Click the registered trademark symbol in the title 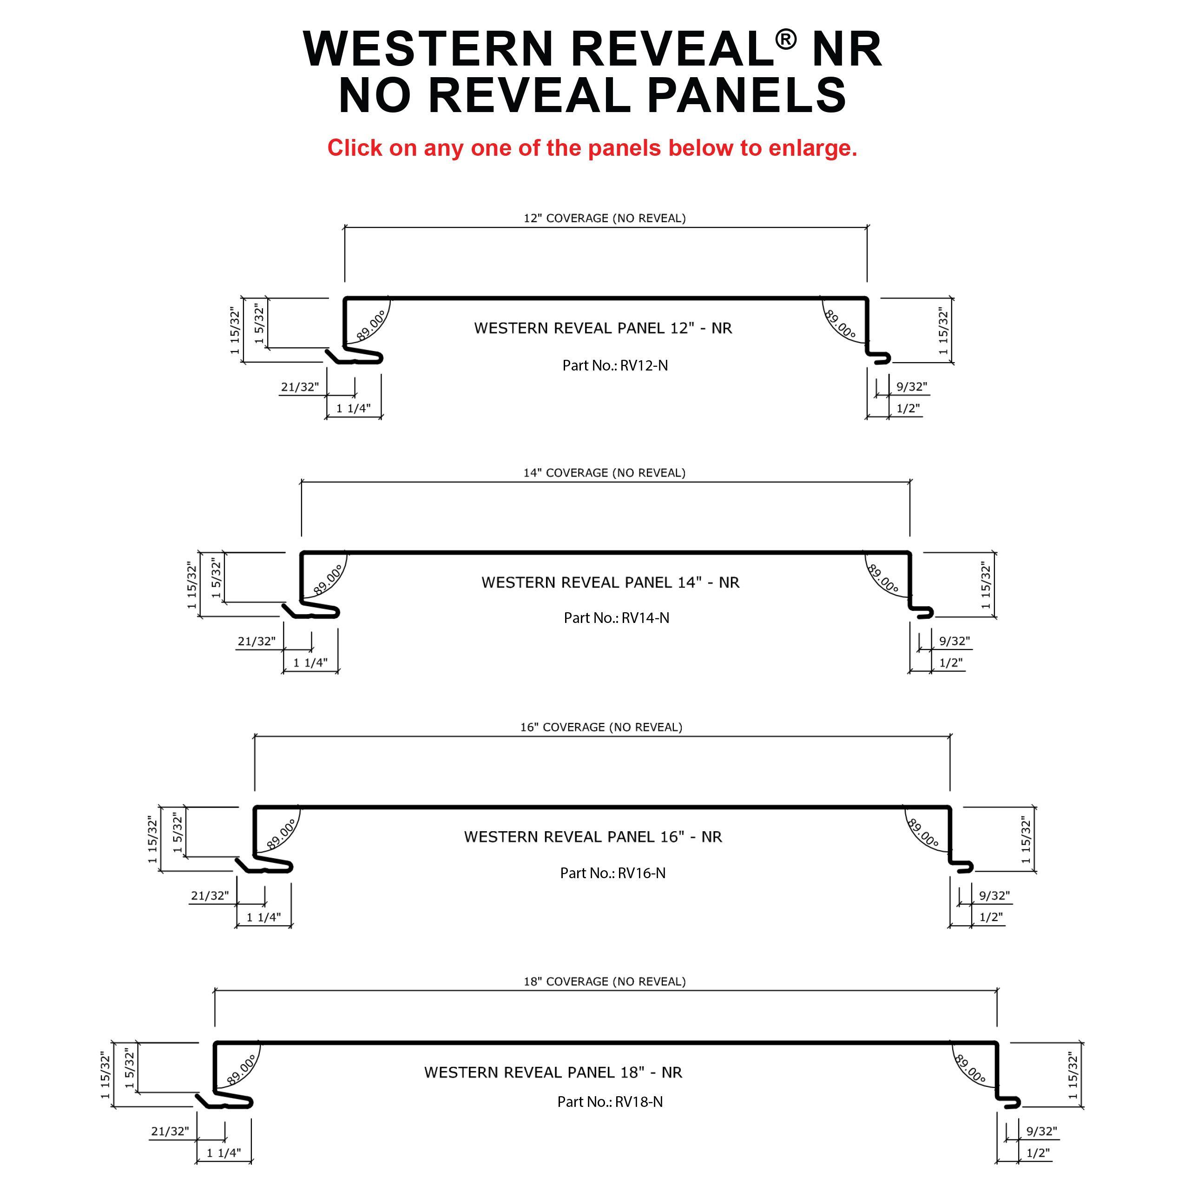[x=786, y=40]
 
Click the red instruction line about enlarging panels [x=592, y=148]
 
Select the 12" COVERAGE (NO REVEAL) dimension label [x=604, y=218]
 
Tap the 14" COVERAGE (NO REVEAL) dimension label [x=604, y=473]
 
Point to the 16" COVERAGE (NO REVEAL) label [x=601, y=728]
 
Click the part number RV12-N [x=615, y=366]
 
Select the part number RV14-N [x=616, y=618]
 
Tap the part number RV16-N [x=613, y=873]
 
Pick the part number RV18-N [x=610, y=1119]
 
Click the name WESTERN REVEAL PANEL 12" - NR [x=603, y=328]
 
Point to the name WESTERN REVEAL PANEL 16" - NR [x=592, y=837]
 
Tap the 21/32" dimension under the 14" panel [x=257, y=641]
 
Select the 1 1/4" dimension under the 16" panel [x=264, y=917]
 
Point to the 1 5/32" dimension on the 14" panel [x=216, y=579]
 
